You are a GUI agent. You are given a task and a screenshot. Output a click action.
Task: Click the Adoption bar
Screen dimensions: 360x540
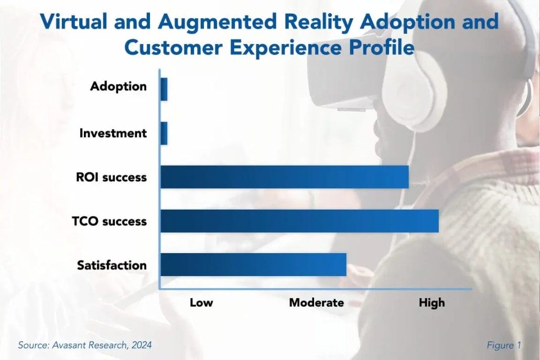[164, 89]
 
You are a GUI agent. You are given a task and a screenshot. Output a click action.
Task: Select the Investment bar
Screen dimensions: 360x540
[164, 133]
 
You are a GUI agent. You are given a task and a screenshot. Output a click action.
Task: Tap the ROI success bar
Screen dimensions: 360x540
[284, 177]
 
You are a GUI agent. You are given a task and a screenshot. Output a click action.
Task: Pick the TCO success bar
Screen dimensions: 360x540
[299, 221]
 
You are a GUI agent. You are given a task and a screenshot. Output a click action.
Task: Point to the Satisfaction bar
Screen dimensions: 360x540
[253, 265]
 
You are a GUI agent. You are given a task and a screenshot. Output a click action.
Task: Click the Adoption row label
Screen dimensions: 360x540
[118, 86]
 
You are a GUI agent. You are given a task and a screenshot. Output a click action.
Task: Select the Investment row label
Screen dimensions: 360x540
[113, 133]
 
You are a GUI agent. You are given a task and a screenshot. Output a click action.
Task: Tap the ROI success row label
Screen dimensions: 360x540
[111, 177]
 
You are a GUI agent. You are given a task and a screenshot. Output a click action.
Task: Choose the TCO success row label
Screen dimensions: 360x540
[109, 221]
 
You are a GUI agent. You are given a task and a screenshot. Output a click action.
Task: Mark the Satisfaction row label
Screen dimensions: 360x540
[112, 265]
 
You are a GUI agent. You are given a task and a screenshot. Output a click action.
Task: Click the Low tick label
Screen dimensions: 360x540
[201, 302]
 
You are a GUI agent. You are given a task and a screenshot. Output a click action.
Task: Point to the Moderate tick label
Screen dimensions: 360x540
[317, 302]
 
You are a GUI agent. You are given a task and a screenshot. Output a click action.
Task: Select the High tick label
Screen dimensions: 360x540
[431, 302]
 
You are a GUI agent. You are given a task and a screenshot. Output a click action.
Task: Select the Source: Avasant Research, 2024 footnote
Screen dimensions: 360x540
[85, 345]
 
